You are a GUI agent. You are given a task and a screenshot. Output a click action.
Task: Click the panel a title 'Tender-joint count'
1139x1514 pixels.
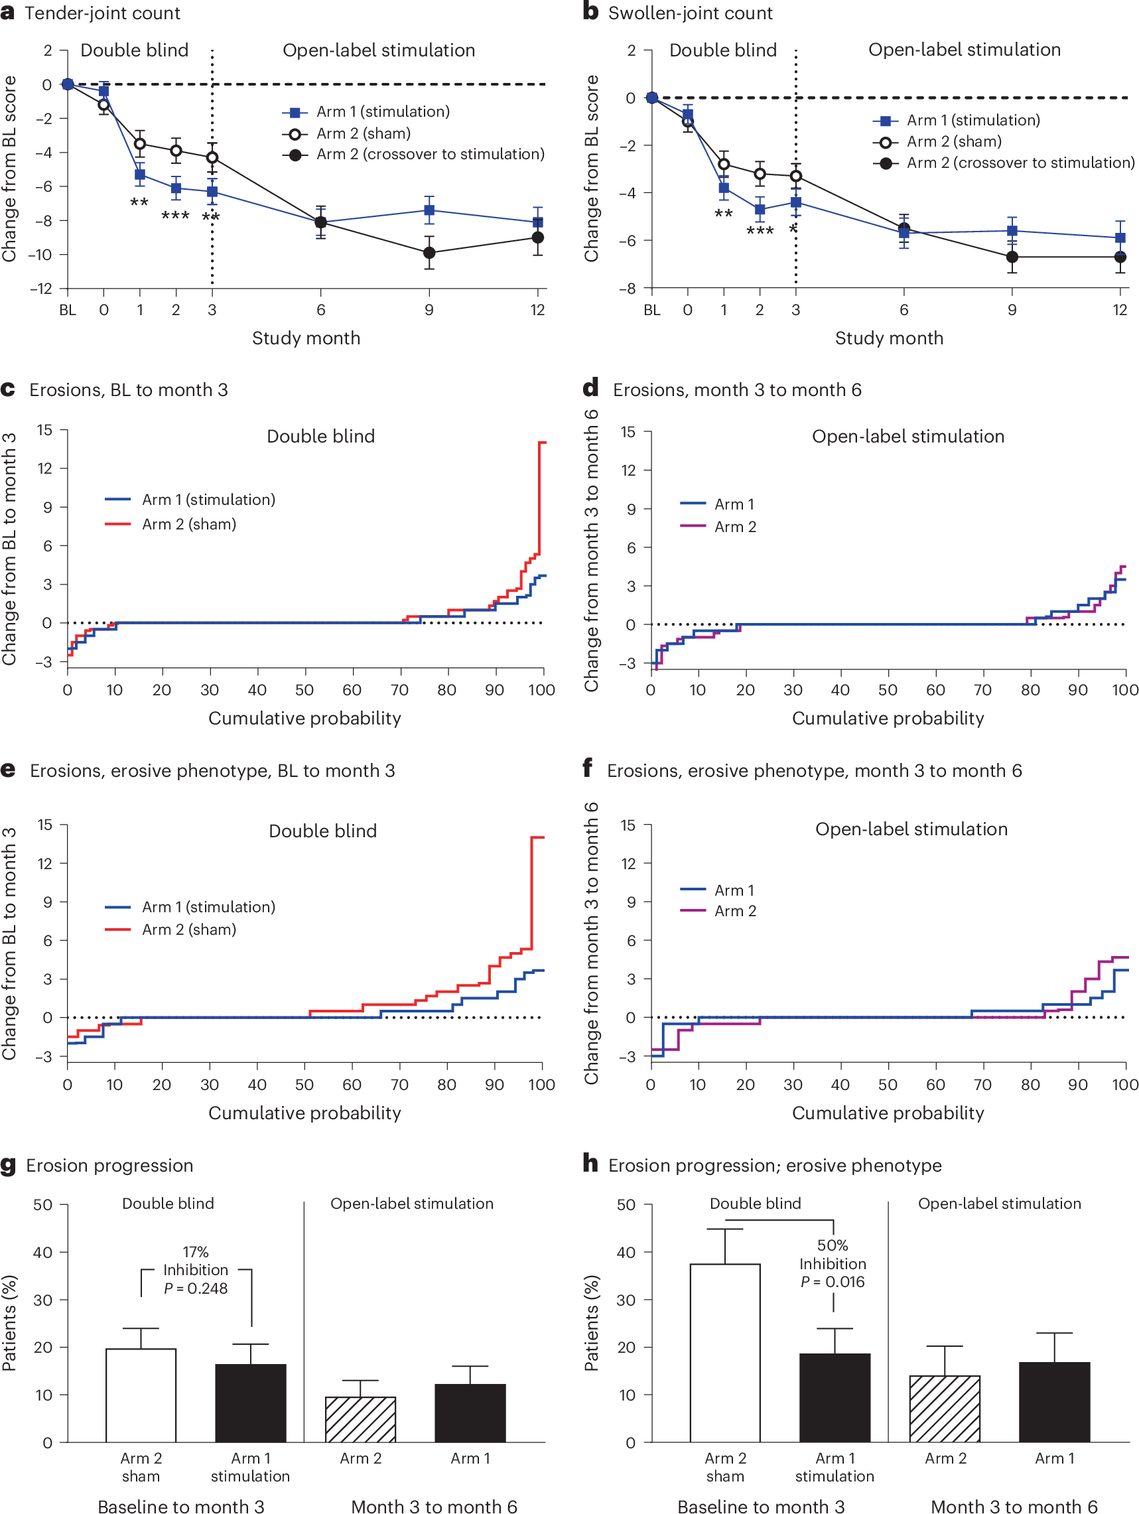pyautogui.click(x=102, y=13)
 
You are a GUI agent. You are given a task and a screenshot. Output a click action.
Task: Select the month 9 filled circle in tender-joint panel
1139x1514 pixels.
pyautogui.click(x=429, y=253)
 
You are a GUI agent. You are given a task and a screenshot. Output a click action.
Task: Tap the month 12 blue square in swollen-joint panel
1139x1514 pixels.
pyautogui.click(x=1120, y=238)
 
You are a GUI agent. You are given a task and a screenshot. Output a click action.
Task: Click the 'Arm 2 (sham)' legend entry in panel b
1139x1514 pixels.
pyautogui.click(x=953, y=142)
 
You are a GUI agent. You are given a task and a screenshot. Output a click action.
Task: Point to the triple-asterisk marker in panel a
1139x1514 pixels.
pyautogui.click(x=175, y=216)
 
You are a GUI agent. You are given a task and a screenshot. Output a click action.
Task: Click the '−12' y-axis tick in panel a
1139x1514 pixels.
pyautogui.click(x=42, y=289)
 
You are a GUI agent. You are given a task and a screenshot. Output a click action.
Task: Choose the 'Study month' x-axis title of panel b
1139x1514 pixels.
pyautogui.click(x=888, y=338)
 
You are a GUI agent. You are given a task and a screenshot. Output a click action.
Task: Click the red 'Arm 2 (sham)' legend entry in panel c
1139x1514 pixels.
pyautogui.click(x=188, y=524)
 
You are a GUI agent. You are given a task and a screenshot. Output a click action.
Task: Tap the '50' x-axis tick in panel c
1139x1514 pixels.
pyautogui.click(x=304, y=690)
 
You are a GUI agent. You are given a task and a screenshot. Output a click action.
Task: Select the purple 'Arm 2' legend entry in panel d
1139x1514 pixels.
pyautogui.click(x=734, y=527)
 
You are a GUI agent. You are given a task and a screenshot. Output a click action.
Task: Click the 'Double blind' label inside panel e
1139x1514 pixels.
pyautogui.click(x=322, y=831)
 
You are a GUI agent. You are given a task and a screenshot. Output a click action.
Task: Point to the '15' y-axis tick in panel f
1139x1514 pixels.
pyautogui.click(x=628, y=825)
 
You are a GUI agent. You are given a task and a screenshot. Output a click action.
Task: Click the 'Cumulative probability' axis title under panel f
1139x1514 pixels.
pyautogui.click(x=888, y=1113)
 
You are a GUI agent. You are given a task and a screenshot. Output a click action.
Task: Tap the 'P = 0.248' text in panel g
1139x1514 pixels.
pyautogui.click(x=196, y=1288)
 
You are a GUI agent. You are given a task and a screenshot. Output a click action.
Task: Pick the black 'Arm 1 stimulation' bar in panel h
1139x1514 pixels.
pyautogui.click(x=835, y=1398)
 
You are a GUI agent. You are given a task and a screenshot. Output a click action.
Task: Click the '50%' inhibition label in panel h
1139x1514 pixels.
pyautogui.click(x=833, y=1245)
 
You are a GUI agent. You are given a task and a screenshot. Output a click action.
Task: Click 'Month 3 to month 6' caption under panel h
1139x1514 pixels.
pyautogui.click(x=1014, y=1506)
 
